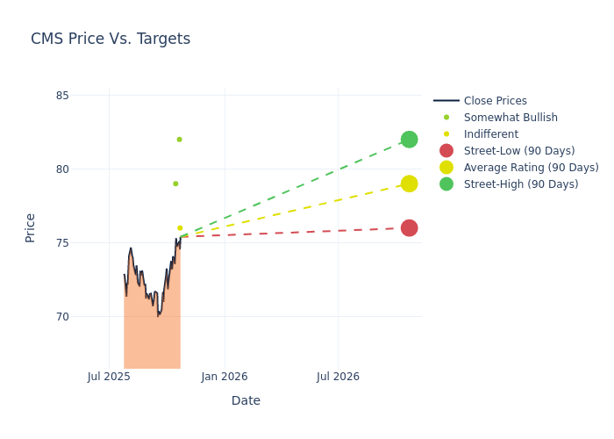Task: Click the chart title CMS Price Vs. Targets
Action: coord(111,40)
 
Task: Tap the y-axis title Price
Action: coord(31,227)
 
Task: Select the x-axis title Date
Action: coord(246,400)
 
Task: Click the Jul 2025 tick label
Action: coord(109,377)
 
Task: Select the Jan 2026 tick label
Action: coord(224,377)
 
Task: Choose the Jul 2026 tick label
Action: coord(338,377)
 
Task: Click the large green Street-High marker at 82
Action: coord(409,140)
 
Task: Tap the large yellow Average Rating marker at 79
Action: coord(409,184)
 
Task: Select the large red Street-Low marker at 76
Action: coord(409,228)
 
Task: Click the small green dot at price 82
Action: coord(179,140)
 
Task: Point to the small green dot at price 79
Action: coord(175,184)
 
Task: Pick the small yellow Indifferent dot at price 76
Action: coord(180,228)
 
